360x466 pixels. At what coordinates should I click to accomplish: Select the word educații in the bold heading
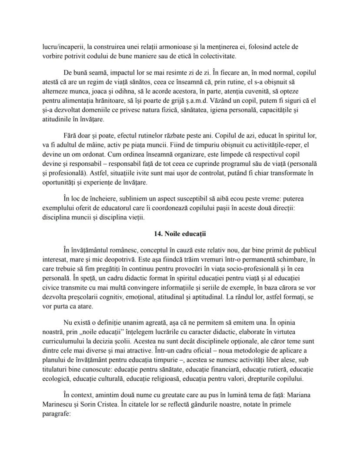[x=193, y=234]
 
